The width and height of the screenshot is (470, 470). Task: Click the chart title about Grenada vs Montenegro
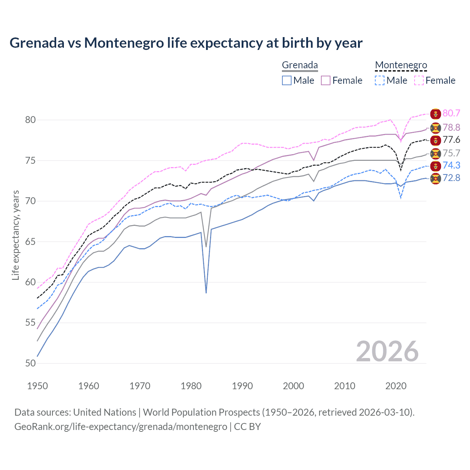tap(186, 43)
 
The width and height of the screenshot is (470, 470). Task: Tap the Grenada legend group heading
tap(300, 65)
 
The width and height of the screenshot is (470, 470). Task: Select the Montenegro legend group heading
tap(401, 65)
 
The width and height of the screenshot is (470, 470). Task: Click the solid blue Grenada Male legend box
tap(287, 80)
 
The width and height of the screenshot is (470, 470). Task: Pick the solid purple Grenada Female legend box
tap(326, 80)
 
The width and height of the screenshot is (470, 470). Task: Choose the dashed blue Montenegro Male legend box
tap(380, 80)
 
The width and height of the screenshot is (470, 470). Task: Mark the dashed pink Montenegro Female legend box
tap(419, 80)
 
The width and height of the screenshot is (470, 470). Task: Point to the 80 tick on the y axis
tap(30, 120)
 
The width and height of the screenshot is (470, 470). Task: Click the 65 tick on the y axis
tap(30, 242)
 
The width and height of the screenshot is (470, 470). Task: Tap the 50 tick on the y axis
tap(30, 363)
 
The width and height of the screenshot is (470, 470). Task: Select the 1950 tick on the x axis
tap(37, 386)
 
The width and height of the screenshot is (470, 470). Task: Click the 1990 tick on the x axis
tap(242, 386)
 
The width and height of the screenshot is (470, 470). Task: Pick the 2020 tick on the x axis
tap(396, 386)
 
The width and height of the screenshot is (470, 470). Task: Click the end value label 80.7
tap(451, 113)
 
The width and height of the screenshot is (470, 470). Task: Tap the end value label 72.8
tap(451, 178)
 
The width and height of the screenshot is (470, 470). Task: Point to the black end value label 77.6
tap(451, 140)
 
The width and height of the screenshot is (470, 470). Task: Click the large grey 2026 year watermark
tap(387, 351)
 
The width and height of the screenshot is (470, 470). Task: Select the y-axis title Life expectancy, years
tap(15, 235)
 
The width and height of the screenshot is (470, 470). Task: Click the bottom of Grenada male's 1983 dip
tap(206, 292)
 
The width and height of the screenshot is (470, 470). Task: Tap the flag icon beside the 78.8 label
tap(435, 127)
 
